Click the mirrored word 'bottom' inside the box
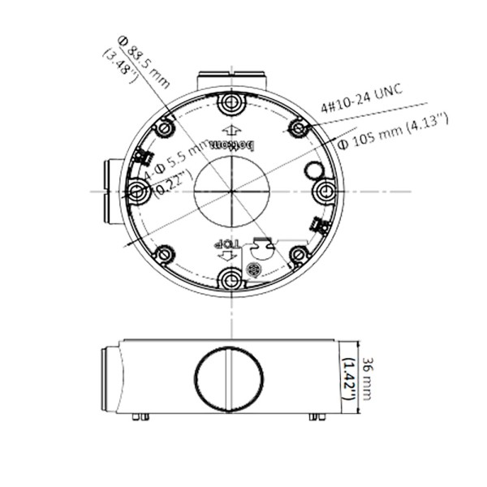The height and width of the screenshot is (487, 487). tap(232, 144)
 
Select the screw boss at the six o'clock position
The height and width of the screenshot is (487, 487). tap(231, 280)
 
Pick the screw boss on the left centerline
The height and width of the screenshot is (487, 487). tap(136, 192)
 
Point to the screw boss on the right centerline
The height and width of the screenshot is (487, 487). tap(325, 192)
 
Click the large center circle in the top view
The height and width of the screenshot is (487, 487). tap(231, 192)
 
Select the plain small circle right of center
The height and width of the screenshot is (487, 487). tap(313, 170)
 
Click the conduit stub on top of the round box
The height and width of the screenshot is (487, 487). tap(232, 81)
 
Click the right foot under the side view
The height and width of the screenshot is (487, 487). tap(317, 417)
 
